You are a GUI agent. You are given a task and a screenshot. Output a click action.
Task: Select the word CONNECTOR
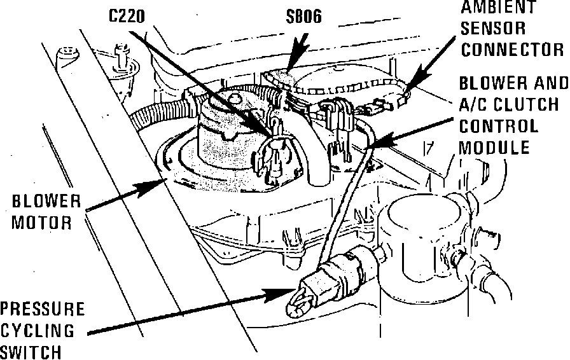pos(512,50)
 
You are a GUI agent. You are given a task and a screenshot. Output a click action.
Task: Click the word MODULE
pos(495,147)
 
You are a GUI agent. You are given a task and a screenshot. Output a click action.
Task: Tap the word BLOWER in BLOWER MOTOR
pos(47,203)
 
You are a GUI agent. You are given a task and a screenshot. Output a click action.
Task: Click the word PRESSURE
pos(42,310)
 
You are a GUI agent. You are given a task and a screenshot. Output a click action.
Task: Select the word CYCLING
pos(37,331)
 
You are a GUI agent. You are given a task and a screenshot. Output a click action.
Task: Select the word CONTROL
pos(498,125)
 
